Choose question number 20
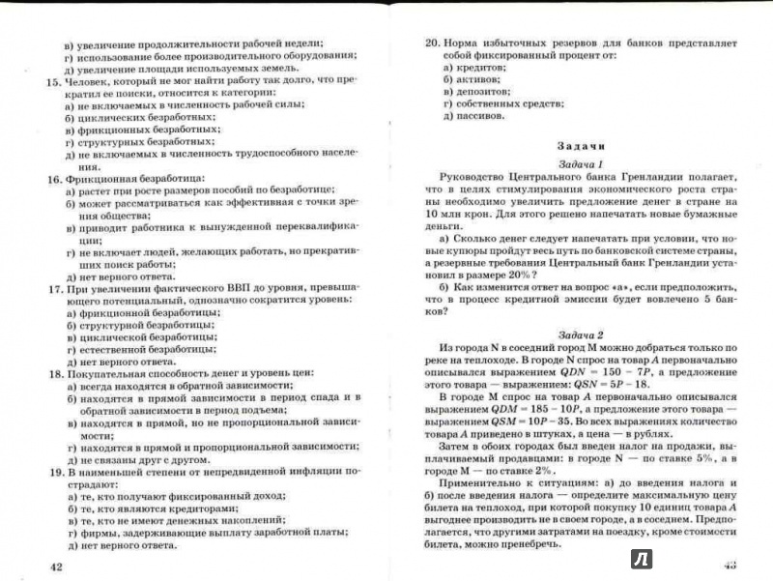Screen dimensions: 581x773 432,43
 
